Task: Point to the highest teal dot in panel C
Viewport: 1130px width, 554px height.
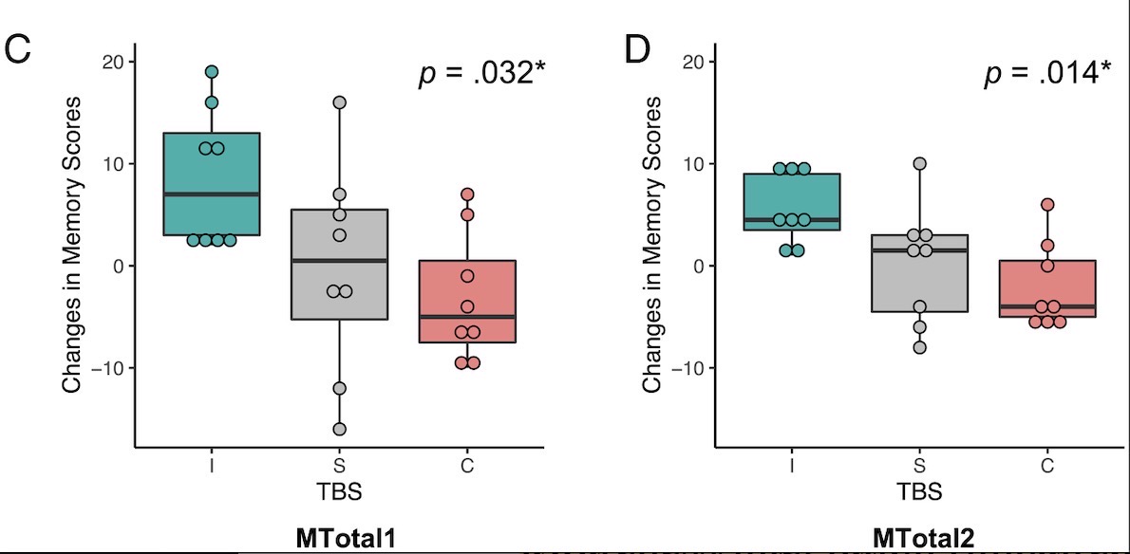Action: coord(212,72)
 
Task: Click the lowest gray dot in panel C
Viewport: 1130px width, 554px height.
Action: coord(339,429)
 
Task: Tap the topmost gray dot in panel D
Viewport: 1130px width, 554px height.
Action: coord(919,163)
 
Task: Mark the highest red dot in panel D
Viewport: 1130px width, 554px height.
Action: coord(1046,204)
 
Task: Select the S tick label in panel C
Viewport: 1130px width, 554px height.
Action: coord(339,465)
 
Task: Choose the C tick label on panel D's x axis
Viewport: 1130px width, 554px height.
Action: coord(1046,465)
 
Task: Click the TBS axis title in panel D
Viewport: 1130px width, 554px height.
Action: coord(918,492)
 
